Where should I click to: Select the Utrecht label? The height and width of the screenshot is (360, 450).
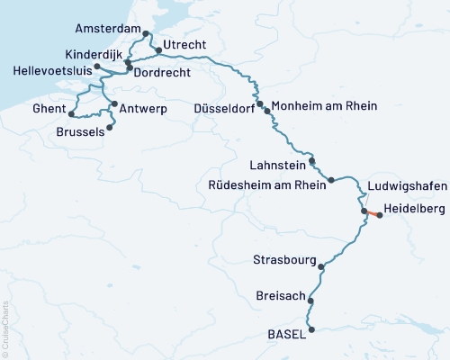tap(184, 45)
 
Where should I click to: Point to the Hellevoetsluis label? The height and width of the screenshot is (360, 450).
tap(47, 69)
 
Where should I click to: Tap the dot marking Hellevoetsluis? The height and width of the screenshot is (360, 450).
tap(96, 67)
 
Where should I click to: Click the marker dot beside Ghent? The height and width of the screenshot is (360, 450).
tap(71, 114)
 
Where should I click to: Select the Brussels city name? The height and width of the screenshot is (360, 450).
tap(79, 130)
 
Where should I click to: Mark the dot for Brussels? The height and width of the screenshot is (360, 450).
tap(110, 127)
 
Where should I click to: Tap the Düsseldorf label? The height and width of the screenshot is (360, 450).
tap(224, 108)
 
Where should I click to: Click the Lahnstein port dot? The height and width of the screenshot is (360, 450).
tap(312, 161)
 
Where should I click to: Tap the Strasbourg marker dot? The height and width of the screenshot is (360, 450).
tap(321, 265)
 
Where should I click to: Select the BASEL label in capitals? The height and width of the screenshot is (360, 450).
tap(287, 333)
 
